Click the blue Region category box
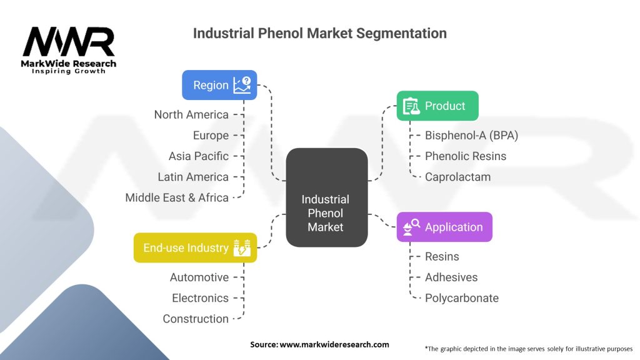[219, 85]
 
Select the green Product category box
[437, 106]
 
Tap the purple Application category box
[444, 227]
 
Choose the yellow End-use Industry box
[195, 247]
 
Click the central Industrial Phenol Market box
[326, 197]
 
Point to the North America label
[191, 115]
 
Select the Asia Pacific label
[198, 156]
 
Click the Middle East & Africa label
[177, 197]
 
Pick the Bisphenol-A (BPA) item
[471, 135]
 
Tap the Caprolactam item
[457, 177]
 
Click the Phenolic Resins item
[465, 156]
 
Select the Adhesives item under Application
[451, 277]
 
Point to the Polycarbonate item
[462, 298]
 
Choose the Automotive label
[199, 277]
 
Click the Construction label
[196, 319]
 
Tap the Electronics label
[200, 298]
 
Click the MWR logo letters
[69, 42]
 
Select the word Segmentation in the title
[401, 33]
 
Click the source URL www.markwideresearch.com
[334, 344]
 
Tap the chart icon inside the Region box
[242, 85]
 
